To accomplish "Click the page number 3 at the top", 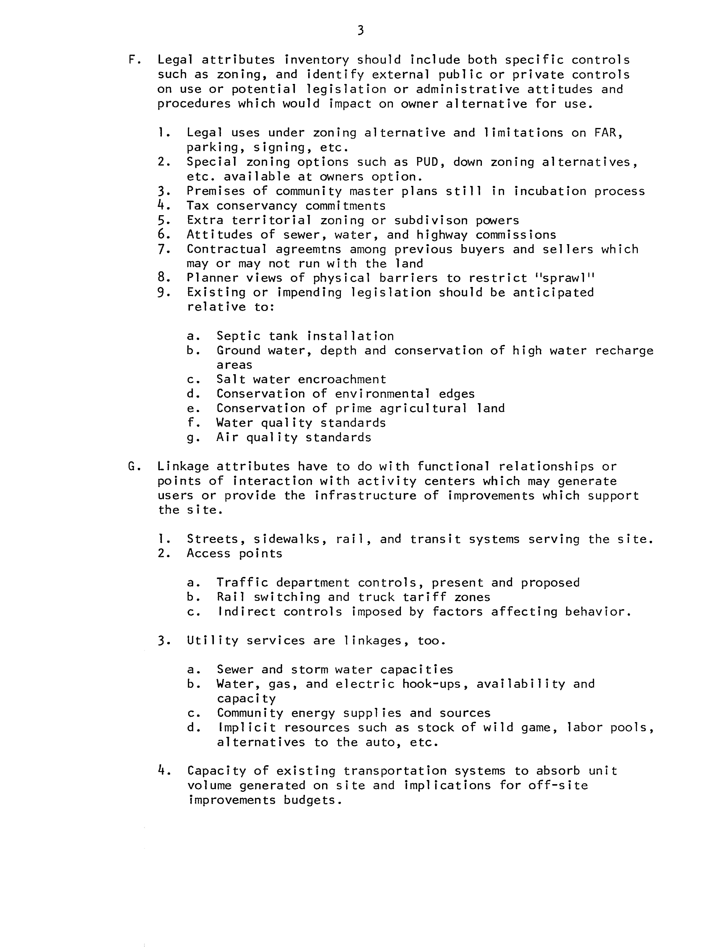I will click(361, 30).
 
